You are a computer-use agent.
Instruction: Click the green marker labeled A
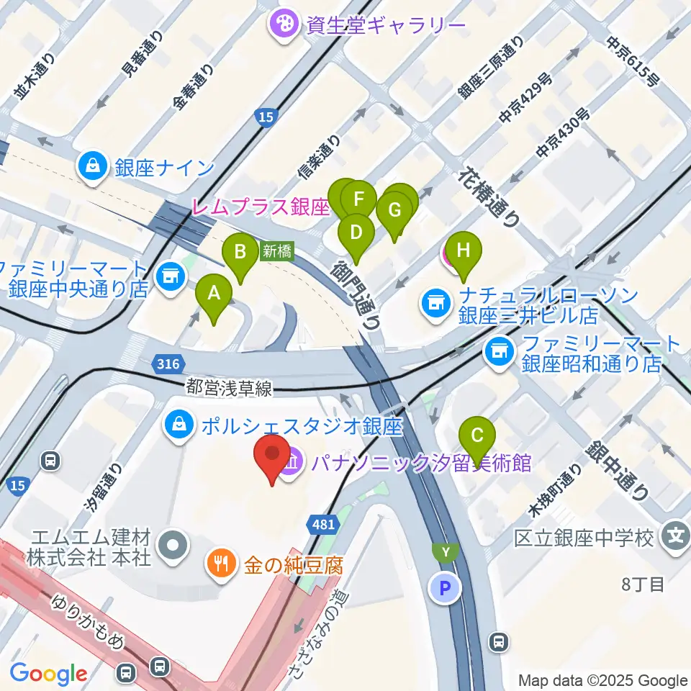tap(214, 293)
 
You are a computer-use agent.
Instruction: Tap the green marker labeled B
tap(241, 252)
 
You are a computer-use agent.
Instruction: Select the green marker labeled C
tap(478, 435)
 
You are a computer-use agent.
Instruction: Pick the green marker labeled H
tap(464, 251)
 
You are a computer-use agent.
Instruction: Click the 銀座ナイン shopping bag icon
tap(94, 168)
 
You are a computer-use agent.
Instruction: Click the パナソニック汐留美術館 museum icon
tap(292, 462)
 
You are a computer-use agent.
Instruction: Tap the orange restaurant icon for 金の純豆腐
tap(220, 562)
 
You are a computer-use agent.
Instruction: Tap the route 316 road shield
tap(167, 366)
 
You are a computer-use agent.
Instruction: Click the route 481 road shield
tap(323, 525)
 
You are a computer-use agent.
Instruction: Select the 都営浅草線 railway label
tap(229, 389)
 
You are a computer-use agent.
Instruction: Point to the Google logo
tap(48, 674)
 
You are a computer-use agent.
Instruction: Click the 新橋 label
tap(276, 251)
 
